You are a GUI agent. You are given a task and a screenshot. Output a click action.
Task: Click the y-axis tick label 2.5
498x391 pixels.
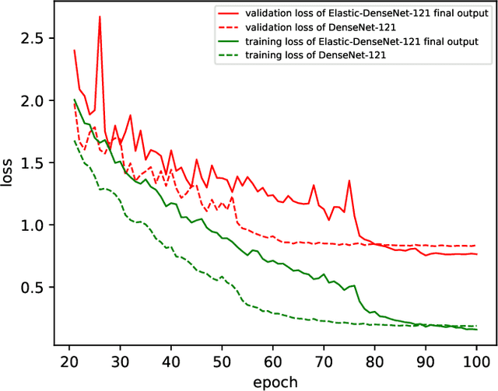pyautogui.click(x=32, y=38)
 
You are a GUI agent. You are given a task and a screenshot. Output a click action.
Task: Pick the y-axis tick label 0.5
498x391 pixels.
pyautogui.click(x=32, y=288)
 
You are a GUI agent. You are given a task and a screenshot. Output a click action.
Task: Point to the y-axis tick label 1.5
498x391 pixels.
pyautogui.click(x=32, y=162)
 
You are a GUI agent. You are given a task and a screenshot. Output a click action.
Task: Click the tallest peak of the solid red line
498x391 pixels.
pyautogui.click(x=100, y=16)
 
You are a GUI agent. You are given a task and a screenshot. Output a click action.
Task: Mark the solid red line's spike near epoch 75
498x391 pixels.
pyautogui.click(x=349, y=180)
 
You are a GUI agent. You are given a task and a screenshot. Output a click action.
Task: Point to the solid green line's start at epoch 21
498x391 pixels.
pyautogui.click(x=74, y=99)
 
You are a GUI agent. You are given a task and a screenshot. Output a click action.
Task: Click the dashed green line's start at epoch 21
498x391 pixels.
pyautogui.click(x=74, y=141)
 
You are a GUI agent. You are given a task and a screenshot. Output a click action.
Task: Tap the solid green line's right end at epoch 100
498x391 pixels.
pyautogui.click(x=477, y=330)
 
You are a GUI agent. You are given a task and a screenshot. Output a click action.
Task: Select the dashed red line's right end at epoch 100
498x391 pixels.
pyautogui.click(x=477, y=246)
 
